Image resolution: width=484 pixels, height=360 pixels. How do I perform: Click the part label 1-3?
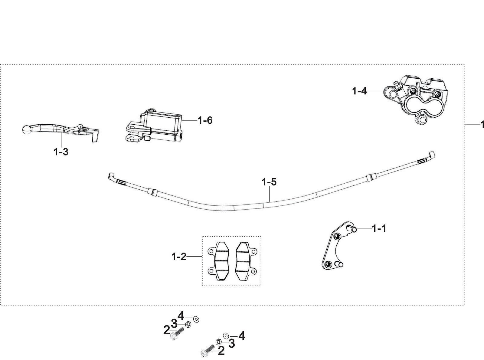click(x=61, y=152)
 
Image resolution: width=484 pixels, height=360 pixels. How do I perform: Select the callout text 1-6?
click(x=205, y=121)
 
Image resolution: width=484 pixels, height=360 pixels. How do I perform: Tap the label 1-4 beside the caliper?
click(x=359, y=91)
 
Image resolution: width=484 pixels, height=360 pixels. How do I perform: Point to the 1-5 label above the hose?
click(x=269, y=182)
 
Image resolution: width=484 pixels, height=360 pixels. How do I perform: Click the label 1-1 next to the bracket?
click(x=379, y=229)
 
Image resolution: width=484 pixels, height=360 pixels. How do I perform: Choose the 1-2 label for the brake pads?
click(x=179, y=257)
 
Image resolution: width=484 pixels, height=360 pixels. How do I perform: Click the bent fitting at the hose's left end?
click(x=112, y=176)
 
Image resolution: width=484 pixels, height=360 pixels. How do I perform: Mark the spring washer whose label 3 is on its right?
click(x=218, y=342)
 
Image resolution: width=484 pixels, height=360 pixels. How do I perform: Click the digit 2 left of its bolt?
click(x=167, y=331)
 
